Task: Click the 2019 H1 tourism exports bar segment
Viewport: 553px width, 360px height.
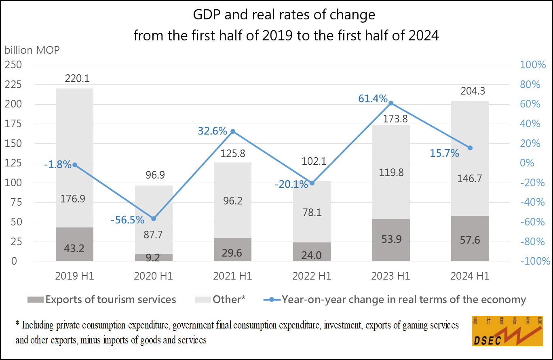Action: tap(74, 244)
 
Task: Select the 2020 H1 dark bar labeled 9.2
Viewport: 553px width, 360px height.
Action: tap(154, 257)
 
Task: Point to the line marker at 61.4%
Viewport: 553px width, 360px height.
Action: tap(391, 103)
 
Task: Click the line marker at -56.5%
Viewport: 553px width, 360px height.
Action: tap(154, 219)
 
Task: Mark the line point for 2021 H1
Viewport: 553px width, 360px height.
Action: tap(233, 131)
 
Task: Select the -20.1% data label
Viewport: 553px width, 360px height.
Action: tap(291, 184)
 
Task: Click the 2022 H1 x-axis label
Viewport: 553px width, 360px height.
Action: tap(312, 276)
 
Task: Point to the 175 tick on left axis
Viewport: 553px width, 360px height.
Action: tap(14, 124)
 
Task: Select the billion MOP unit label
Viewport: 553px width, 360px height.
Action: tap(32, 51)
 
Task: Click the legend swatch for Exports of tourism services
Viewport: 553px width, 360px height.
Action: tap(35, 300)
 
